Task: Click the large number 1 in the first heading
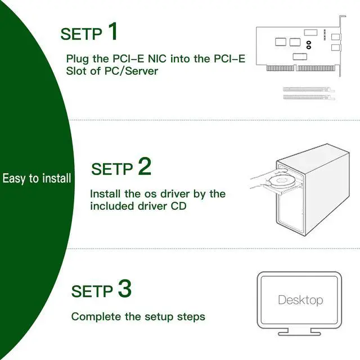point(112,31)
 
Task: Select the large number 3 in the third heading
point(124,289)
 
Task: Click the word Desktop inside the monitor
point(300,300)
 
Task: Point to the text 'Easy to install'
point(37,179)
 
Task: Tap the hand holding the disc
point(260,180)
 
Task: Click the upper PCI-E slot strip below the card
point(309,89)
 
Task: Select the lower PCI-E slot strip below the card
point(309,97)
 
